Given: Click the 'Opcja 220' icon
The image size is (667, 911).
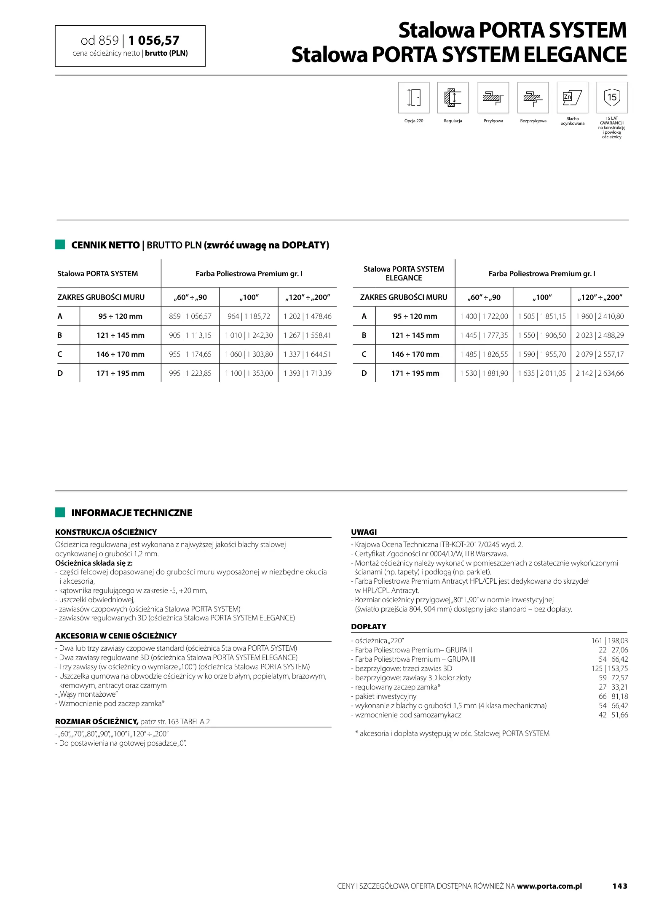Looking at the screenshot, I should click(413, 97).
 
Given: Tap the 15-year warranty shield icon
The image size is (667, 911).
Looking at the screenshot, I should click(611, 97).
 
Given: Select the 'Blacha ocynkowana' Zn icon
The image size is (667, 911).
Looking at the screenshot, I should click(572, 97).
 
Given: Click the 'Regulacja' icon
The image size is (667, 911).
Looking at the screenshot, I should click(453, 97).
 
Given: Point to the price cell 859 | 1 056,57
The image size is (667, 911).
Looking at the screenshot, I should click(190, 316).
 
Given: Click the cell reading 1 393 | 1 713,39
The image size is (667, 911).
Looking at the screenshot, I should click(307, 373).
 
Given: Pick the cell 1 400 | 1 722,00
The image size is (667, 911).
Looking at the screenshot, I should click(484, 316).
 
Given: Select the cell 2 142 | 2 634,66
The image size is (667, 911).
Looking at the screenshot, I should click(600, 373).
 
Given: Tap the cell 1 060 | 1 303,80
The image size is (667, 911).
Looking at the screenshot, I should click(249, 354).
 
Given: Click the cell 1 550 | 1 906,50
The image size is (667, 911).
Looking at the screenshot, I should click(542, 335).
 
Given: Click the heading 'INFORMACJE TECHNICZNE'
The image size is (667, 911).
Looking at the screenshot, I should click(131, 513).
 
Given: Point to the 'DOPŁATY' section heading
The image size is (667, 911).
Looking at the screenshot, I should click(368, 627).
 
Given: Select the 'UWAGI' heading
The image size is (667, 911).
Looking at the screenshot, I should click(364, 532).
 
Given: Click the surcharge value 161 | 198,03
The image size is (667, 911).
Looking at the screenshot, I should click(609, 641).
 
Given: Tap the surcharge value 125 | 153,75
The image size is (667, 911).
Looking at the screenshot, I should click(609, 668).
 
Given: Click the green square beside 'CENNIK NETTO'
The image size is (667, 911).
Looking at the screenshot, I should click(60, 245).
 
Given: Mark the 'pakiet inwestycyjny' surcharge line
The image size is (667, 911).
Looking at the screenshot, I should click(386, 696).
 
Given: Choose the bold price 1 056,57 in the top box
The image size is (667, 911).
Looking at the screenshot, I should click(154, 40).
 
